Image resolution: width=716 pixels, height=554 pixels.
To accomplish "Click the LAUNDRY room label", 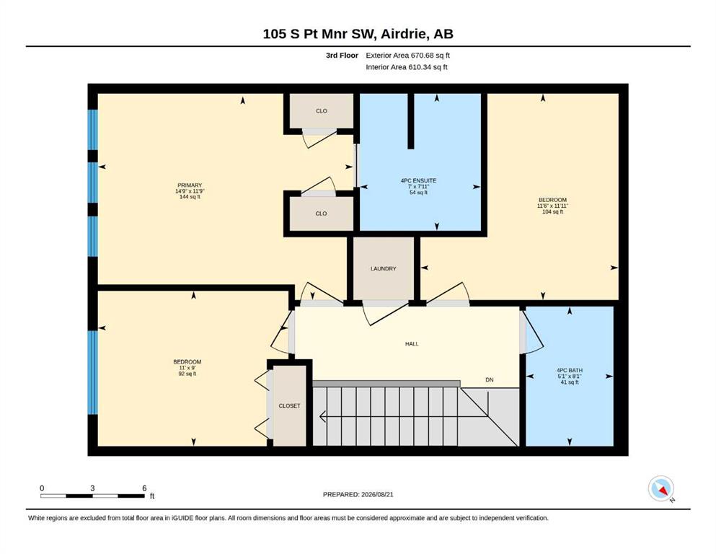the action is tap(383, 268).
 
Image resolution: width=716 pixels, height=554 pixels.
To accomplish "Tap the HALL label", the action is tap(412, 344).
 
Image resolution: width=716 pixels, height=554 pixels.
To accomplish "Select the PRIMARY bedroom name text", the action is tap(190, 185).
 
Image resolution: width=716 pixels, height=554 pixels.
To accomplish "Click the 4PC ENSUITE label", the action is tap(418, 181).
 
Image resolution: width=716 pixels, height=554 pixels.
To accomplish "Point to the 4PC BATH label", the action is tap(570, 370).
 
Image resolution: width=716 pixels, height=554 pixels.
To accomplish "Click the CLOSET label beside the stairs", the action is tap(290, 406).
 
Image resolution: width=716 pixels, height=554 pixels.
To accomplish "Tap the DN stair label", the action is tap(490, 380).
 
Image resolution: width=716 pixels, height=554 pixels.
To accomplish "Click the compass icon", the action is tap(660, 488).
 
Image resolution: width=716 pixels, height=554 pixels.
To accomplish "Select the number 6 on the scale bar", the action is tap(144, 488).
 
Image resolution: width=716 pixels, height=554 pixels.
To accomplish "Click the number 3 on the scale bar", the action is tap(92, 488).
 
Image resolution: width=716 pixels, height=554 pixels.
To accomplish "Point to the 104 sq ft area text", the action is tap(552, 212).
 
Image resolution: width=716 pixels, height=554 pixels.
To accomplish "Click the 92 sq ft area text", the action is tap(187, 374).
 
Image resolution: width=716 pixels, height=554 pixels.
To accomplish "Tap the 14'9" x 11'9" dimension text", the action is tap(190, 191).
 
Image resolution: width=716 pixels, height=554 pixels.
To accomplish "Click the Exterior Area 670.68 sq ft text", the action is tap(408, 56).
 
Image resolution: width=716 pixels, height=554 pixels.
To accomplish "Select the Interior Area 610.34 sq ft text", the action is tap(407, 67).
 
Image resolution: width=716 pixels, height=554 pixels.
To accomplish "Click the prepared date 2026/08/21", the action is tap(377, 494).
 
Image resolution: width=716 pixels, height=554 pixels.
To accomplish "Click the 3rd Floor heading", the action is tap(342, 56).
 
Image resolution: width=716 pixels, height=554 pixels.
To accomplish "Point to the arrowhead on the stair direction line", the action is tap(322, 416).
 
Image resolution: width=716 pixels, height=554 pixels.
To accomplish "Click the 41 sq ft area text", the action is tap(570, 382).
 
